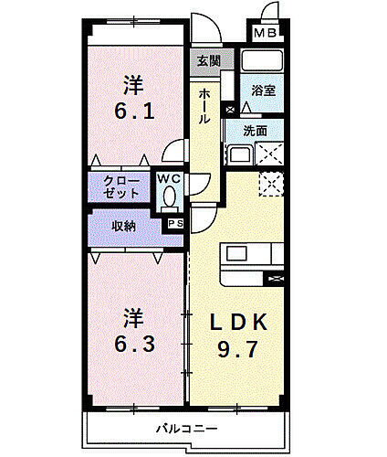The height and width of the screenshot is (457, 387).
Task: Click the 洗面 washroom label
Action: pyautogui.click(x=256, y=131)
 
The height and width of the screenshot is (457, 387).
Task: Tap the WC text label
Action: pyautogui.click(x=168, y=180)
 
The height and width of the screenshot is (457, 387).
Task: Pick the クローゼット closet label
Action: pyautogui.click(x=121, y=186)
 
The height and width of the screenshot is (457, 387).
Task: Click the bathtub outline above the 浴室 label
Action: pyautogui.click(x=263, y=63)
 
